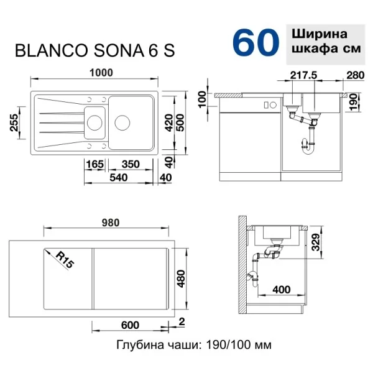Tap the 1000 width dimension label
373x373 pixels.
coord(101,73)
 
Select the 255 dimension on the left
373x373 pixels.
coord(14,122)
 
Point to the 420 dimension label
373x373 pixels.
coord(169,122)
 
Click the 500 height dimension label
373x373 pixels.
coord(181,122)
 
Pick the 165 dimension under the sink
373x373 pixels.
coord(95,164)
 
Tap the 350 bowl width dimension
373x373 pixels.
coord(131,164)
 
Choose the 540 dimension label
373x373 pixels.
coord(119,177)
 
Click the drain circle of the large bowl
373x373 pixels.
coord(122,122)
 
